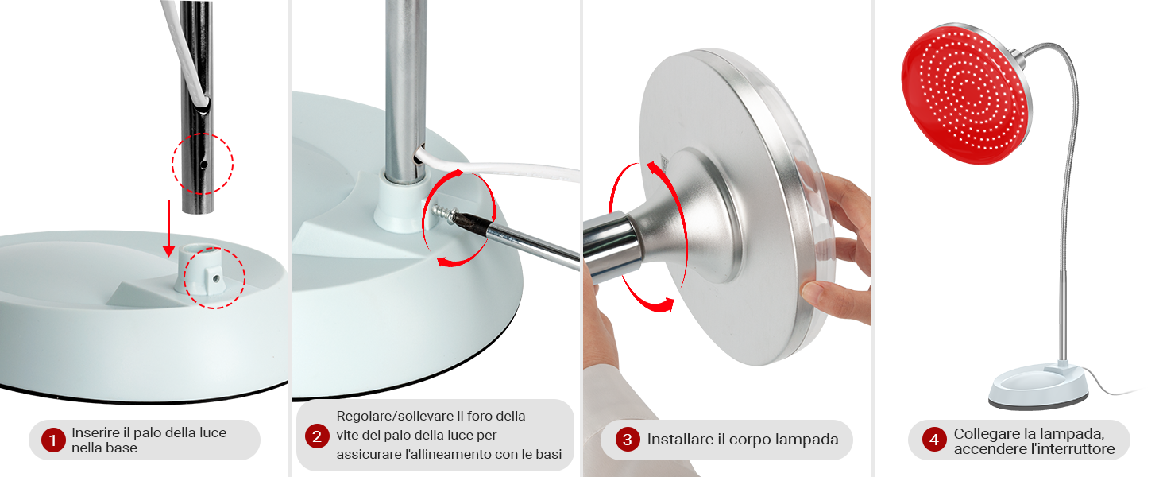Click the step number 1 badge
pyautogui.click(x=52, y=440)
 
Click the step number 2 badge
pyautogui.click(x=317, y=436)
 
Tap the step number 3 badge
pyautogui.click(x=628, y=440)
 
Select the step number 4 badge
pyautogui.click(x=934, y=440)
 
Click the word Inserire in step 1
pyautogui.click(x=96, y=432)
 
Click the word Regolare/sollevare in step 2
pyautogui.click(x=394, y=417)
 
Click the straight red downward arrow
pyautogui.click(x=168, y=229)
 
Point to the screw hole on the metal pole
pyautogui.click(x=203, y=165)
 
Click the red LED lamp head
pyautogui.click(x=966, y=95)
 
